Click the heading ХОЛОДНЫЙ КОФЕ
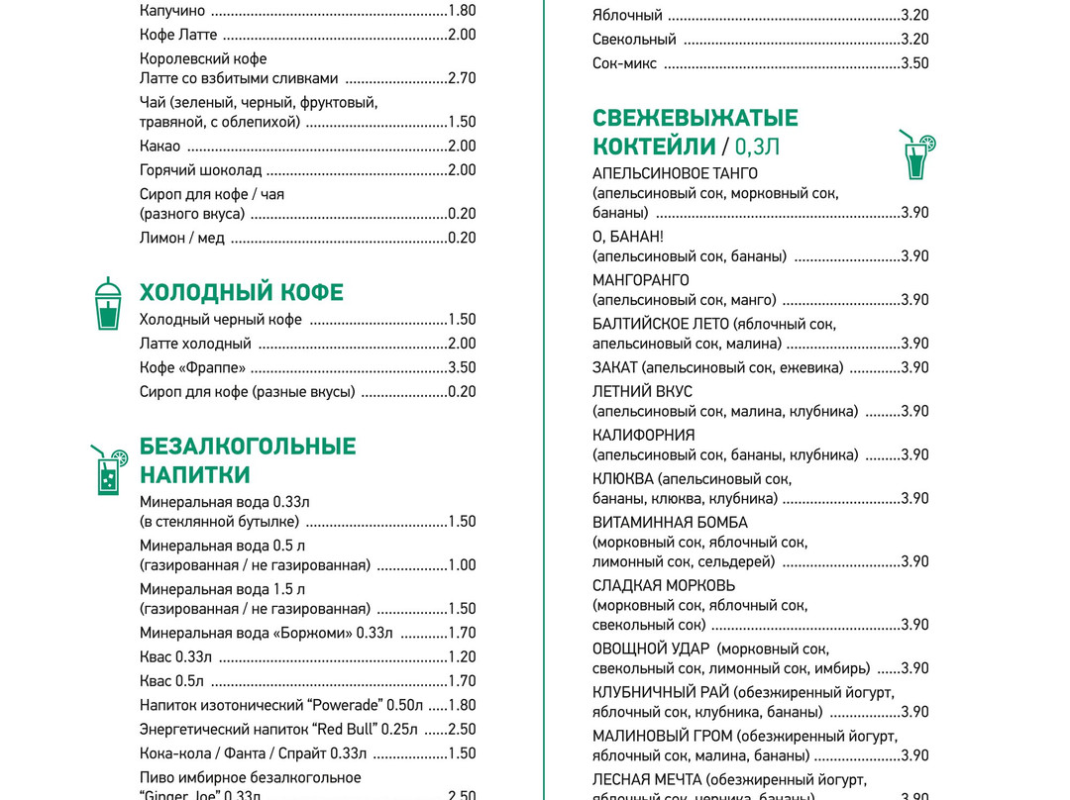(x=241, y=292)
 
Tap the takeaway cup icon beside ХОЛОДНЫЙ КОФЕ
(x=107, y=304)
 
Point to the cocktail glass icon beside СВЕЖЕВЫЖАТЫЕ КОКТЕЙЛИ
(x=916, y=154)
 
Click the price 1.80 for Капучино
(x=462, y=11)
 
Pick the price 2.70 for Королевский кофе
(x=462, y=78)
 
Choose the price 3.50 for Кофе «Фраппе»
(x=462, y=367)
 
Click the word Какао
(x=160, y=146)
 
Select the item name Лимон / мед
(x=182, y=238)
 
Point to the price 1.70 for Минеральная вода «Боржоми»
(x=462, y=633)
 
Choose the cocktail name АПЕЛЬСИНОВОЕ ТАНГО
(x=675, y=173)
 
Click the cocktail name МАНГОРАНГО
(x=640, y=280)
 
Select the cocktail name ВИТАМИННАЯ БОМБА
(x=670, y=522)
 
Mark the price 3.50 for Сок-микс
(x=914, y=63)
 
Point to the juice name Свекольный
(x=634, y=40)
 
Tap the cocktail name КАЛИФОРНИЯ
(x=643, y=435)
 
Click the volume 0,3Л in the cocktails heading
(x=757, y=147)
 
